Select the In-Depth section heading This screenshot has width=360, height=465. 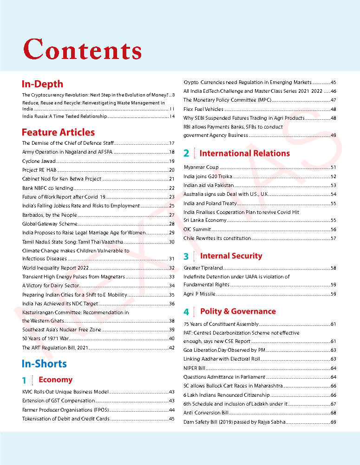[42, 84]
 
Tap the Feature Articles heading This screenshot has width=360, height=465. [58, 132]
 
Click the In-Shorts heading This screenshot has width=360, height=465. [44, 363]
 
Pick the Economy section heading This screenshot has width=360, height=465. [55, 380]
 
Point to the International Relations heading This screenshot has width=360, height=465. [244, 153]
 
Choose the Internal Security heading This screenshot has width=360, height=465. [231, 256]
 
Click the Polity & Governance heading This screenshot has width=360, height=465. [238, 311]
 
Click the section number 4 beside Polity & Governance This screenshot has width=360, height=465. [186, 312]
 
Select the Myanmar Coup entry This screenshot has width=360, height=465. [201, 167]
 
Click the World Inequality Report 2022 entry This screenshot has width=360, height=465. [55, 268]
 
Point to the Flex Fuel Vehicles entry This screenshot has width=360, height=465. [203, 109]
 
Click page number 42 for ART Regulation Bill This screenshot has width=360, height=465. [171, 348]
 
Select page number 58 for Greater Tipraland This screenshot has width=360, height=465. [333, 268]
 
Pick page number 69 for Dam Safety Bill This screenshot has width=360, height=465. [333, 422]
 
